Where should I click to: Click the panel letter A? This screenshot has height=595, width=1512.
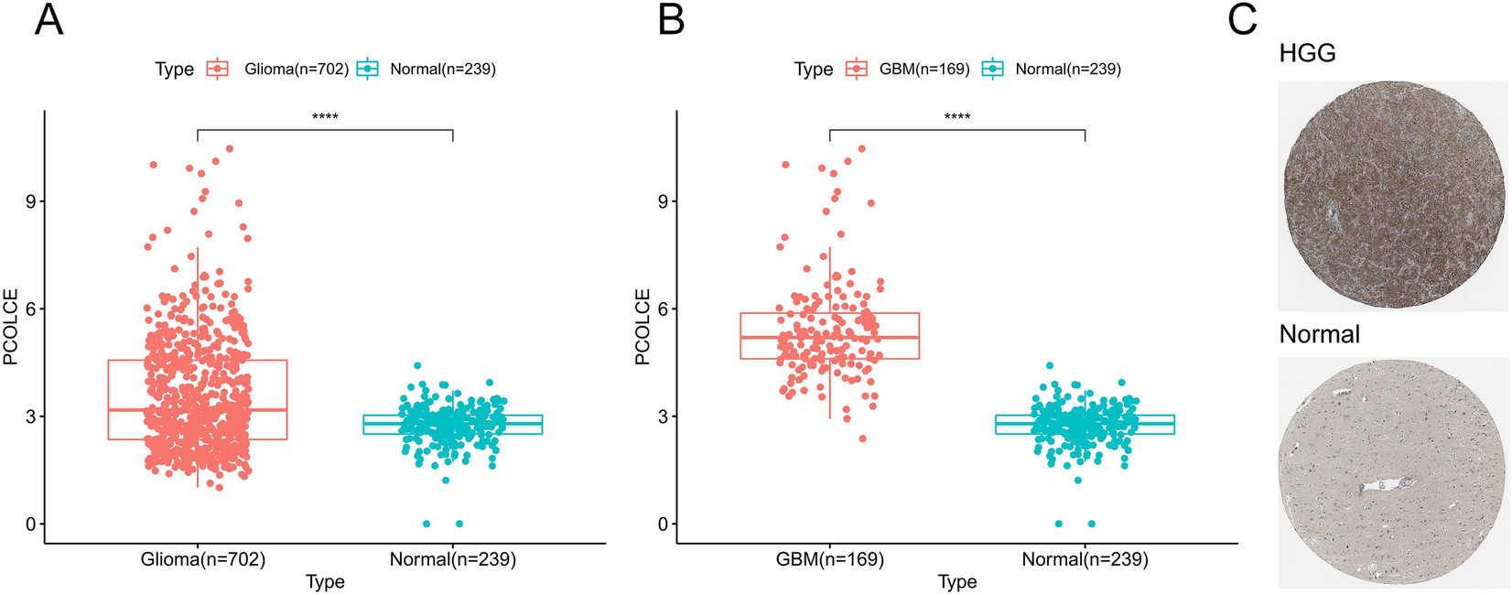coord(49,19)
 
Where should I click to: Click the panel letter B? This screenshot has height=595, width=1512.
coord(671,19)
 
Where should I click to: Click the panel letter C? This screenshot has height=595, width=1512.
coord(1242,19)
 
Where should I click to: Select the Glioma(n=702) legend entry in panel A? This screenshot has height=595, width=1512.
coord(296,69)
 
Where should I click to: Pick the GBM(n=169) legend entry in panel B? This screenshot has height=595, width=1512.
coord(923,69)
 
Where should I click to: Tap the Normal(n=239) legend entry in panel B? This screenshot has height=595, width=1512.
coord(1067,69)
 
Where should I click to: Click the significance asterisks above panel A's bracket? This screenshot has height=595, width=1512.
coord(325,117)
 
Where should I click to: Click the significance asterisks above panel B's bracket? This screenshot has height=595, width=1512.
coord(957,117)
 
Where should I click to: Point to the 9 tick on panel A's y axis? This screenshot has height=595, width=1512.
coord(30,201)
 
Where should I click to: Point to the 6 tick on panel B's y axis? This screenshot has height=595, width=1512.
coord(663,309)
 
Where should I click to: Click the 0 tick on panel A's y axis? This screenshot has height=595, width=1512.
coord(30,525)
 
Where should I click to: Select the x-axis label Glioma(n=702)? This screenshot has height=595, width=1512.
coord(202,558)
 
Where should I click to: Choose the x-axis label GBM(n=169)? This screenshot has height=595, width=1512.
coord(831,558)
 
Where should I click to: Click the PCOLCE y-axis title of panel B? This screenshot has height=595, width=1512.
coord(643,327)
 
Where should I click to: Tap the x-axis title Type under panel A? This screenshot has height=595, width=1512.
coord(325,582)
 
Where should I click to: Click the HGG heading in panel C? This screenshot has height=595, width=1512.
coord(1307,53)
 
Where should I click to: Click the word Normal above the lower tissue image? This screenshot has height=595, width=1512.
coord(1319,334)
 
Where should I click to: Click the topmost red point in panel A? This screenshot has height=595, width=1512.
coord(230,148)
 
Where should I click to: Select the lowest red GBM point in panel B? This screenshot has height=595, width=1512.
coord(862,438)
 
